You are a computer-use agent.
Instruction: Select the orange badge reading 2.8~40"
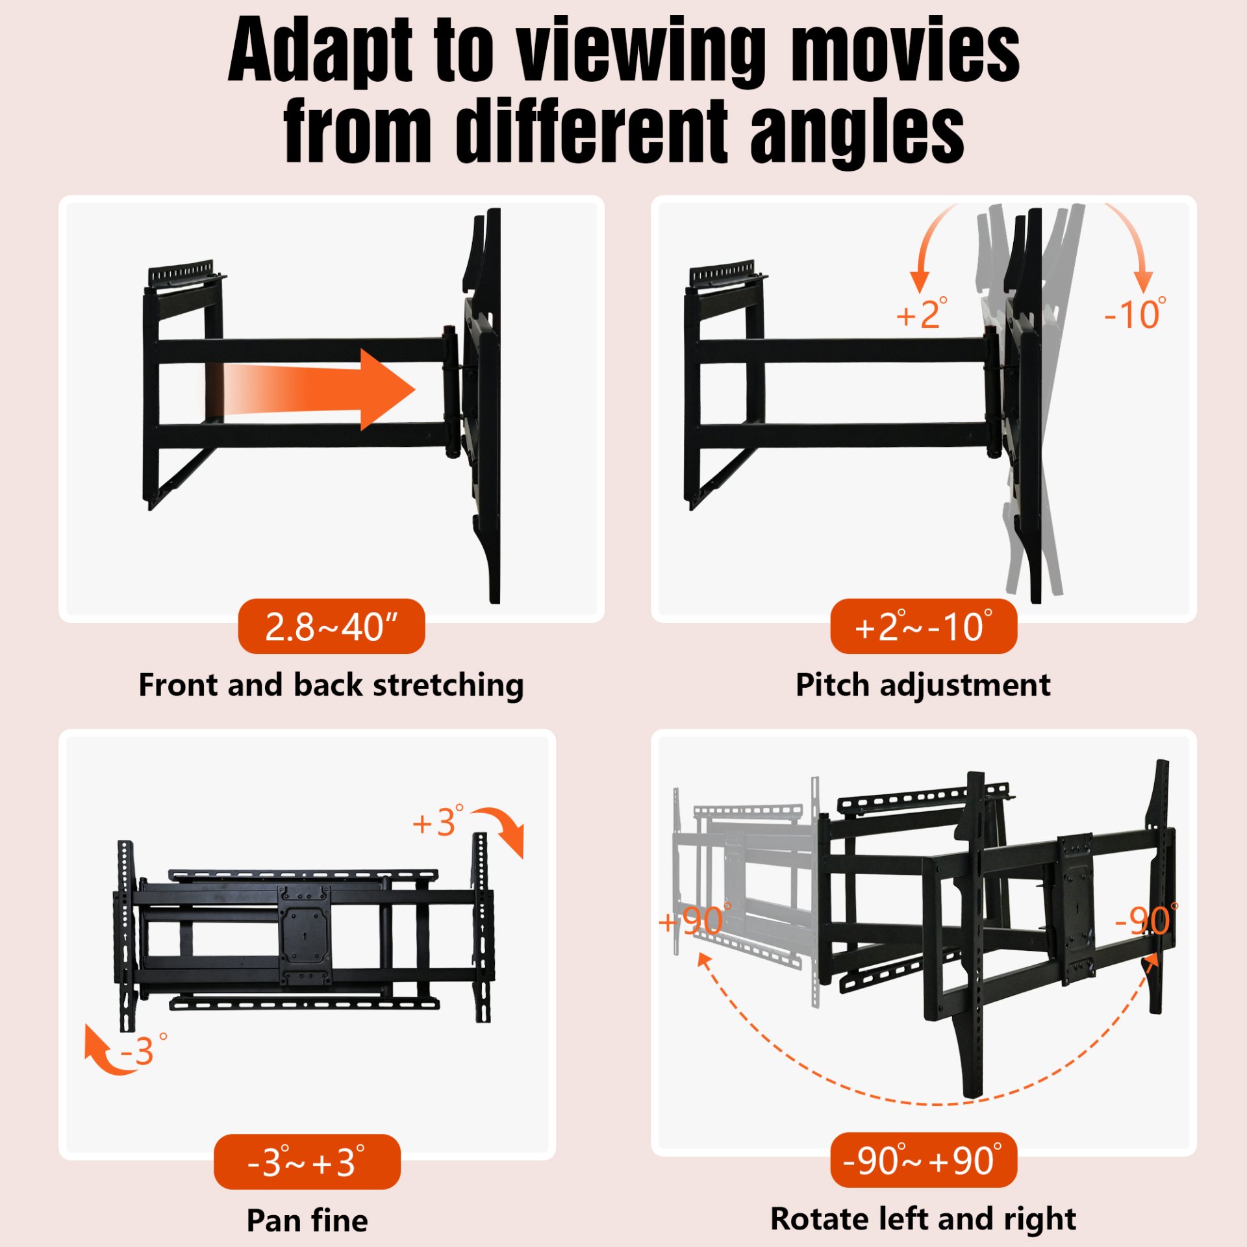331,627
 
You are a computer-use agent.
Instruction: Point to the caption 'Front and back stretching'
331,685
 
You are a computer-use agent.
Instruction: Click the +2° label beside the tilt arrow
920,315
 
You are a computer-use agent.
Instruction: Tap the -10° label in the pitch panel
1134,315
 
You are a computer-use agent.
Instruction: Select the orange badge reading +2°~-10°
923,627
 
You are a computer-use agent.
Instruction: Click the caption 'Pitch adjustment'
923,685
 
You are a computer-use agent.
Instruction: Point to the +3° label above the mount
438,822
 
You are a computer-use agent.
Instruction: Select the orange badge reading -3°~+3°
307,1162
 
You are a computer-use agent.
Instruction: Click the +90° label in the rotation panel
692,921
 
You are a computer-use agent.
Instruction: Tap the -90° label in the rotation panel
1144,921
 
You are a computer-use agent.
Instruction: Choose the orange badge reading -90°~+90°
923,1161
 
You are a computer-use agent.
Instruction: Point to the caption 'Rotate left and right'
923,1219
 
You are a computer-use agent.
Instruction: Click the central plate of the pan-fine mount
305,935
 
